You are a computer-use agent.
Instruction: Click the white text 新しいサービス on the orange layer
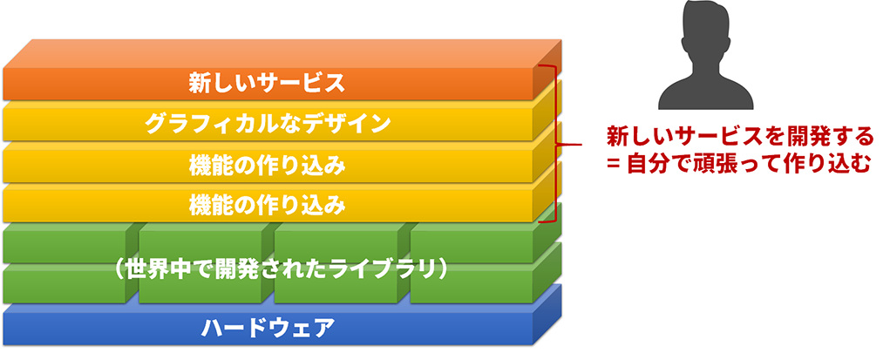click(267, 84)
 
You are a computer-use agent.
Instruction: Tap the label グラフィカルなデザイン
click(267, 124)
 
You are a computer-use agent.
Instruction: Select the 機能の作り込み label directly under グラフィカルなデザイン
click(267, 165)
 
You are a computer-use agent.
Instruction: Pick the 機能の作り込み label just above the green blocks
click(267, 205)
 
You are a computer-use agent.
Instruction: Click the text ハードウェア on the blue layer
click(267, 328)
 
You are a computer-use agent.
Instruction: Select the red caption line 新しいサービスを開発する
click(739, 137)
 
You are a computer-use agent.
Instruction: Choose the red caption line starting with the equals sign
click(738, 165)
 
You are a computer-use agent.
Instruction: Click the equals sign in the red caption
click(613, 166)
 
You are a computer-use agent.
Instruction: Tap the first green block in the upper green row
click(64, 243)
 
